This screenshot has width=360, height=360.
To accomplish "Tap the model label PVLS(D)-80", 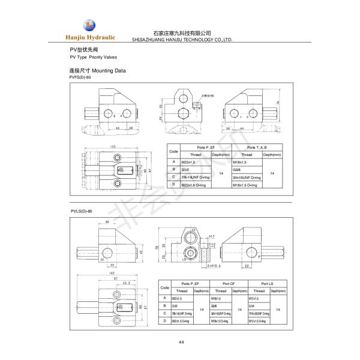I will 81,211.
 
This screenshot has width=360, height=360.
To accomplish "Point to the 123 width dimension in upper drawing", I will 112,147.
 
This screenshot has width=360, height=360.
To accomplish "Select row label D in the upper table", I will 174,186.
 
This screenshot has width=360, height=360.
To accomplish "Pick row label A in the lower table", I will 164,298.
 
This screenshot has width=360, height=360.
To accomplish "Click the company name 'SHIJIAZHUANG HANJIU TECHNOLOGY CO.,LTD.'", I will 181,41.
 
